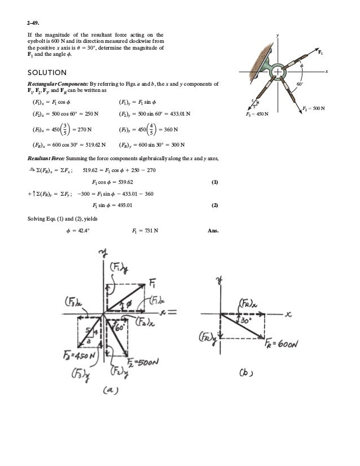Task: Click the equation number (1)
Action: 214,183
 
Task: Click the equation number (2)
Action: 214,205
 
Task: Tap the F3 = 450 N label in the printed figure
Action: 257,114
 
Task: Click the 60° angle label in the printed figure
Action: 301,85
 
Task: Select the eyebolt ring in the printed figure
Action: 279,72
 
